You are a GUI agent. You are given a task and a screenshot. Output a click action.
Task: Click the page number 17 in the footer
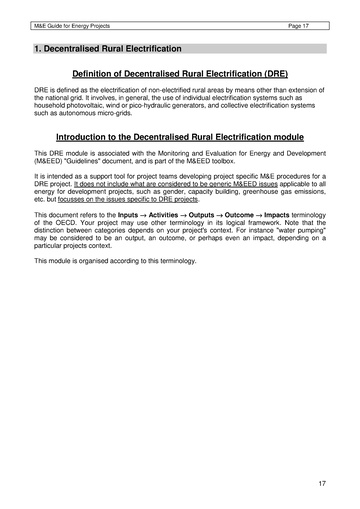click(x=322, y=484)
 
